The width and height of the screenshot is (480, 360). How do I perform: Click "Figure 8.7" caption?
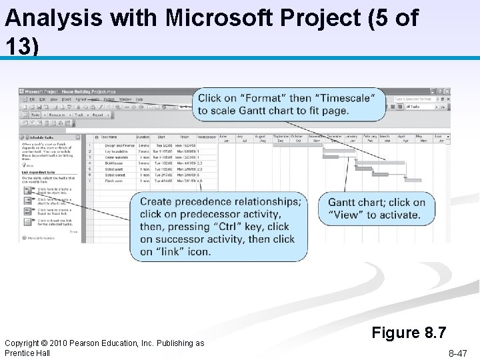pos(409,332)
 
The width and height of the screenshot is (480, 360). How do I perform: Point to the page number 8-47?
pos(457,353)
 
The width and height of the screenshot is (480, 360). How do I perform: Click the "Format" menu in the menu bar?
pos(81,99)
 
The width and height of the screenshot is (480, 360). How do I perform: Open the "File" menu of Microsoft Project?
pos(31,99)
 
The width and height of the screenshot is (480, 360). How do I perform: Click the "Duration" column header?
pos(143,137)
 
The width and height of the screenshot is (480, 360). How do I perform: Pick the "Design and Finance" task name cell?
pos(120,145)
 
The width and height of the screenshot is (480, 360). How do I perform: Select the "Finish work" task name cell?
pos(114,181)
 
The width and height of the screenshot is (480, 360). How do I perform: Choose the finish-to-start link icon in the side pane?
pos(28,189)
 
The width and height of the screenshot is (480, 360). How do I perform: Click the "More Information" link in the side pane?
pos(41,237)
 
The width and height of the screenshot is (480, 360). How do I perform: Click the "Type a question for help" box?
pos(413,99)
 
